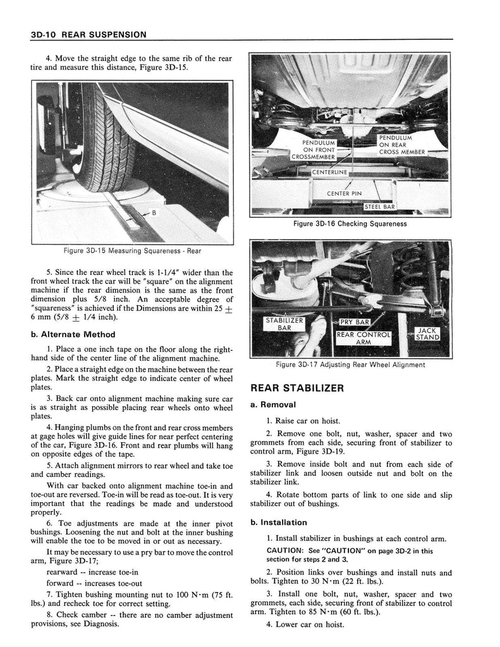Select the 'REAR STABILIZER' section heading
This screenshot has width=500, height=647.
pos(297,388)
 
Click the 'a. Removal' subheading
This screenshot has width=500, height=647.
pos(274,404)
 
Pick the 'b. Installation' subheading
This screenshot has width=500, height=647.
pos(279,523)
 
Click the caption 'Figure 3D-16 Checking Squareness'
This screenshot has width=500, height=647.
pos(350,224)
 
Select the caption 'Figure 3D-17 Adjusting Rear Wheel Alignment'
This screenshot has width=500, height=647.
pos(350,365)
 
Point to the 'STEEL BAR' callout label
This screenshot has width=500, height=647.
pos(381,207)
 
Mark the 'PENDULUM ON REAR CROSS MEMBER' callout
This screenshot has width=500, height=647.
pos(401,145)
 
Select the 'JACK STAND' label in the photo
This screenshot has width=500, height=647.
pos(427,334)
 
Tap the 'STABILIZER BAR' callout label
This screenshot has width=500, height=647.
pos(284,325)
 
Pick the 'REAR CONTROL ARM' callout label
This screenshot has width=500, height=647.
pos(363,339)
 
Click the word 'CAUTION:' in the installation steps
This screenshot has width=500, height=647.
pos(286,550)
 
